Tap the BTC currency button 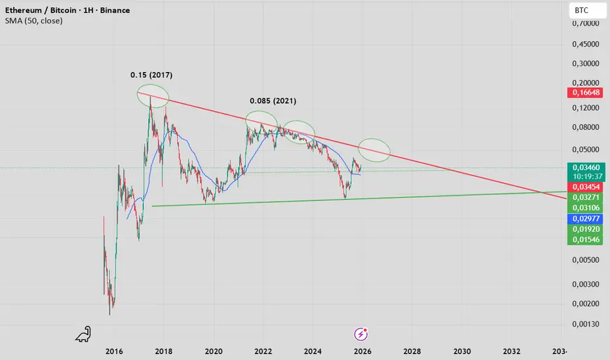point(581,11)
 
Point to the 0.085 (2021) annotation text point(273,101)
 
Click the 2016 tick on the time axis point(115,351)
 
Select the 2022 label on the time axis point(263,351)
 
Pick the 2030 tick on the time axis point(462,351)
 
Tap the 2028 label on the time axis point(412,351)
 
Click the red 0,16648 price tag point(586,93)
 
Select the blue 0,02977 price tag point(586,218)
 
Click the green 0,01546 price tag point(586,240)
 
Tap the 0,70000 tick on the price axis point(586,24)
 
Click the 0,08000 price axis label point(586,127)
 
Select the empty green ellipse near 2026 point(374,150)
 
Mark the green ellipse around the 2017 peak point(152,96)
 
